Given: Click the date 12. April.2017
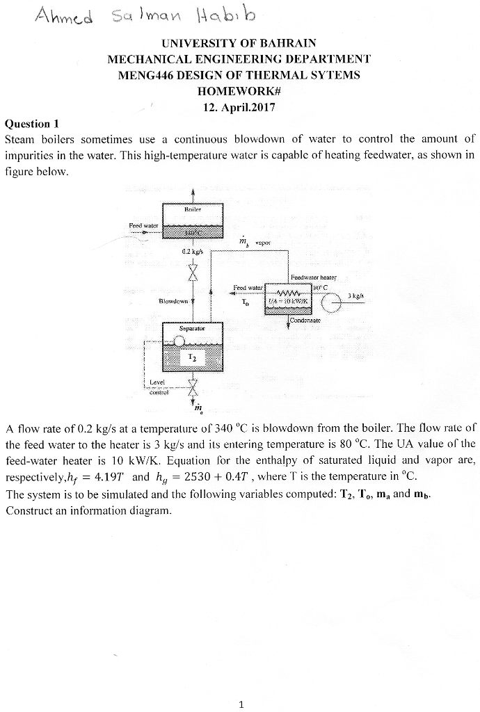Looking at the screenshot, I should tap(239, 107).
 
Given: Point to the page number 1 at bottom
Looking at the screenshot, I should tap(240, 704).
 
